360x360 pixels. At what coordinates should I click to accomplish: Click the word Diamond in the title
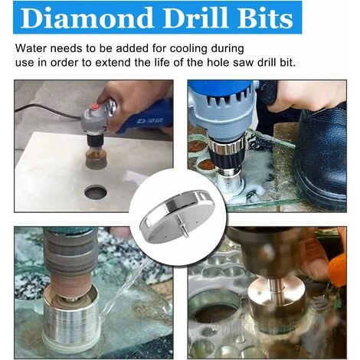click(87, 18)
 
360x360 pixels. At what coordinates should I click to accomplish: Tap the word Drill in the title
click(195, 18)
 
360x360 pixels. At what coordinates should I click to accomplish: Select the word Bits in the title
click(265, 18)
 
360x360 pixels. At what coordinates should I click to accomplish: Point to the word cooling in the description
click(188, 49)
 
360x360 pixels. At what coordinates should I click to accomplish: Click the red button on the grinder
click(95, 106)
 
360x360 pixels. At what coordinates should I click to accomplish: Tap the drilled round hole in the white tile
click(96, 192)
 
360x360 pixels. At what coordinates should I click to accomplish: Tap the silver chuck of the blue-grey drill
click(227, 148)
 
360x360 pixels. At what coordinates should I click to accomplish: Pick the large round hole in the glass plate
click(217, 310)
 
